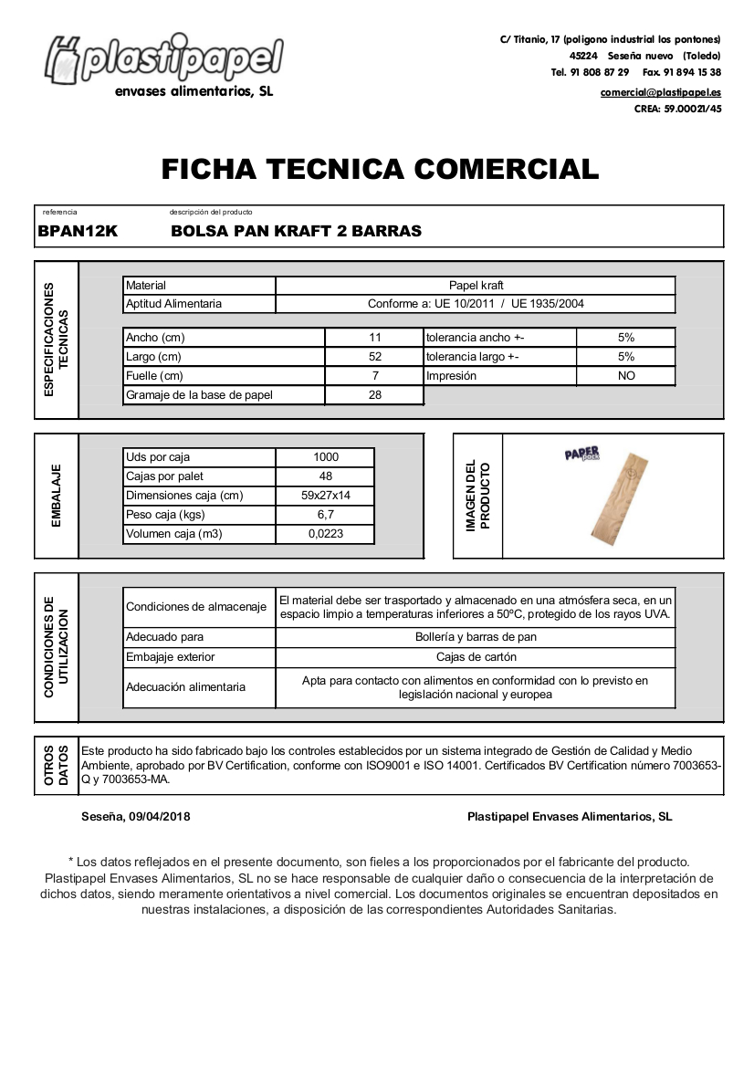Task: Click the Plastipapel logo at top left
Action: [164, 62]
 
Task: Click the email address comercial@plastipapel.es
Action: [660, 92]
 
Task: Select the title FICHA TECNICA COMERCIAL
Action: [380, 169]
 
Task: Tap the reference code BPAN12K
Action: [78, 231]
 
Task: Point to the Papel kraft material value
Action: [476, 286]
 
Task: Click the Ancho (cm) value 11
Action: [374, 338]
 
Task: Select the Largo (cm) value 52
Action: [374, 357]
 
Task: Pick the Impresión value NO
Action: [625, 376]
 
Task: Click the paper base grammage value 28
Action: [374, 395]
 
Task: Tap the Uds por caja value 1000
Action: [325, 457]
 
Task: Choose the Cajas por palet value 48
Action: [325, 476]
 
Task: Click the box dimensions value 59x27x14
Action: [325, 496]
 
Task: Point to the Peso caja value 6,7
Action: [325, 515]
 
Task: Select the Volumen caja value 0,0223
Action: [325, 534]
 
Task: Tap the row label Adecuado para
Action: [165, 637]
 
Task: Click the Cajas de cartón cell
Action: [476, 657]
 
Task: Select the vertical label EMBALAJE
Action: [57, 496]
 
